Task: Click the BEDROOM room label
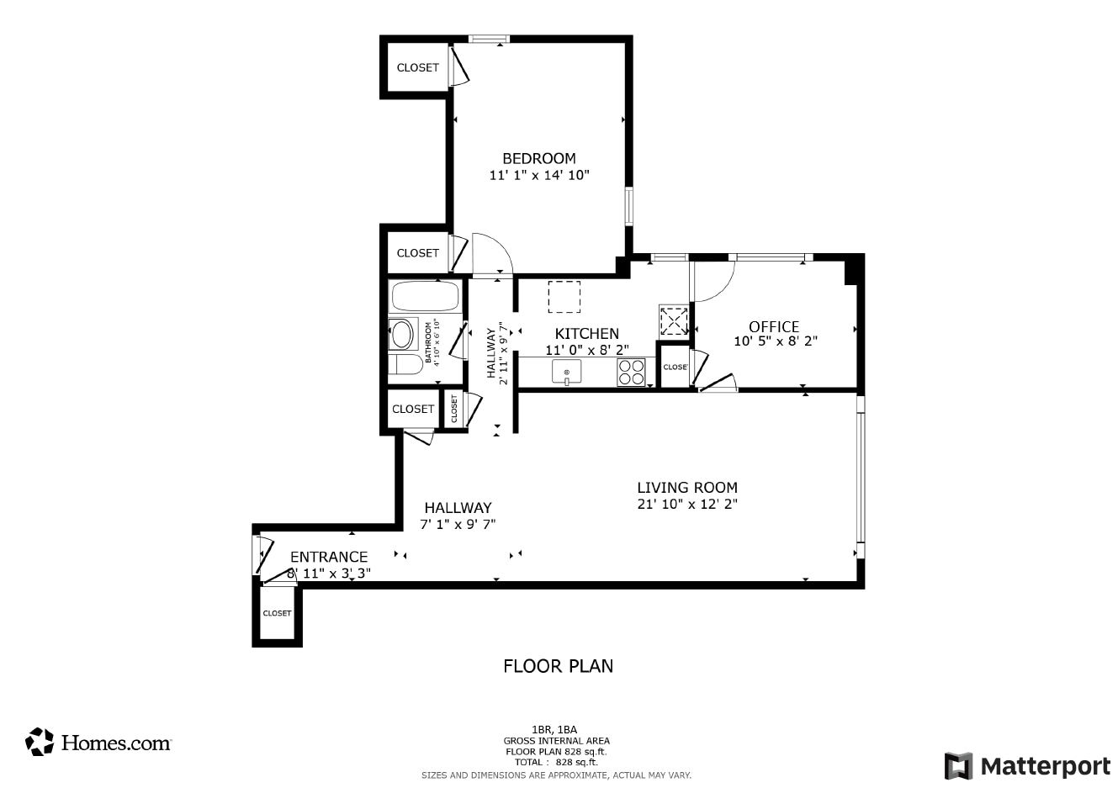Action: click(539, 159)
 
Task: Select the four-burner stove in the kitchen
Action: click(631, 373)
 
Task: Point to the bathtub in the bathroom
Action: click(425, 296)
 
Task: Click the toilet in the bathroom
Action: click(405, 364)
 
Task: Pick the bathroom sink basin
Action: click(402, 334)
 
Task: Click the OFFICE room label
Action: click(774, 327)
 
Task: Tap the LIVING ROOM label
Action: click(686, 488)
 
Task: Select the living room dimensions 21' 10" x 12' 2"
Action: click(686, 504)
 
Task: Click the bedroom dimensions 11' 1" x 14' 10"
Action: click(539, 175)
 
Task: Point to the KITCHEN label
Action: click(586, 333)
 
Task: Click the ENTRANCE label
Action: click(329, 557)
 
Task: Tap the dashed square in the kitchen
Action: click(564, 297)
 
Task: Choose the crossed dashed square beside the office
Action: click(673, 320)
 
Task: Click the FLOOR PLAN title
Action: click(558, 666)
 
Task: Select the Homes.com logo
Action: click(98, 742)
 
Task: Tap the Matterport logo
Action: click(1027, 766)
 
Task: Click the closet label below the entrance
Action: click(277, 613)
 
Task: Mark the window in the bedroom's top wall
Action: click(489, 39)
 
